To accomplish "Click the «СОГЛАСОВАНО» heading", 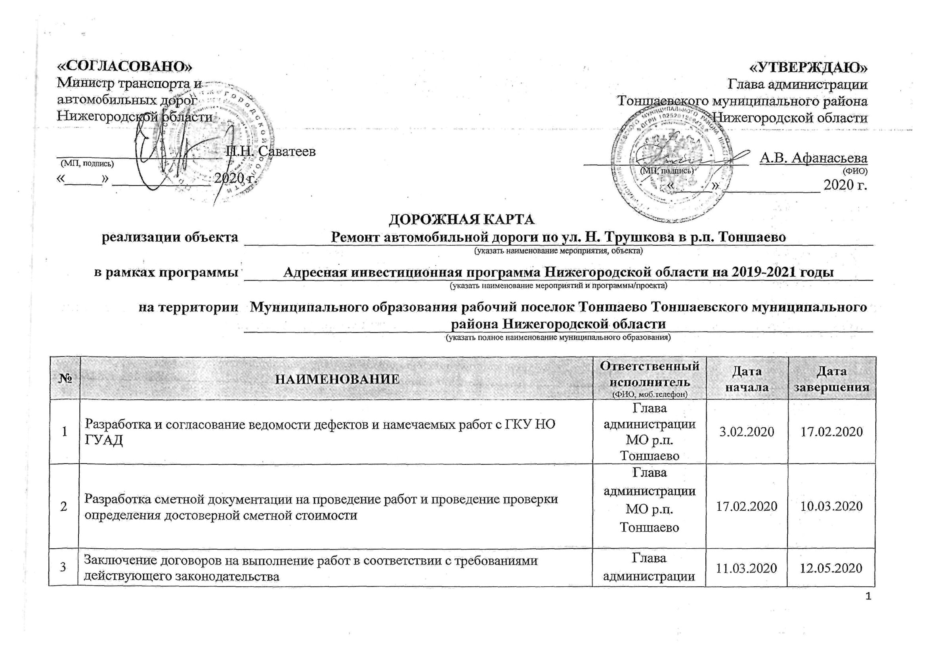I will pyautogui.click(x=124, y=67).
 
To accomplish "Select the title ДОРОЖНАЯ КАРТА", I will pyautogui.click(x=462, y=219).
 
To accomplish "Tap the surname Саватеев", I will pyautogui.click(x=287, y=151).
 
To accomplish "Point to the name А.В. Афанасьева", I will pyautogui.click(x=813, y=158).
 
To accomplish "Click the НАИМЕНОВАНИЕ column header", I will pyautogui.click(x=337, y=379).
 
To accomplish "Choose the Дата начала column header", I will pyautogui.click(x=747, y=379).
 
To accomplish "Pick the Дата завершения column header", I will pyautogui.click(x=831, y=379).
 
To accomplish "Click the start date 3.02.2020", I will pyautogui.click(x=746, y=431).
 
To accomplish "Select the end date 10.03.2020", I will pyautogui.click(x=831, y=506).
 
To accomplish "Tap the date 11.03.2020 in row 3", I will pyautogui.click(x=746, y=568).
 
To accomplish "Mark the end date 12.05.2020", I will pyautogui.click(x=831, y=568).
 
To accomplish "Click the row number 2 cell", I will pyautogui.click(x=64, y=506).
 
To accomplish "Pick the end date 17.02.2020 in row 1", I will pyautogui.click(x=831, y=431).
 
